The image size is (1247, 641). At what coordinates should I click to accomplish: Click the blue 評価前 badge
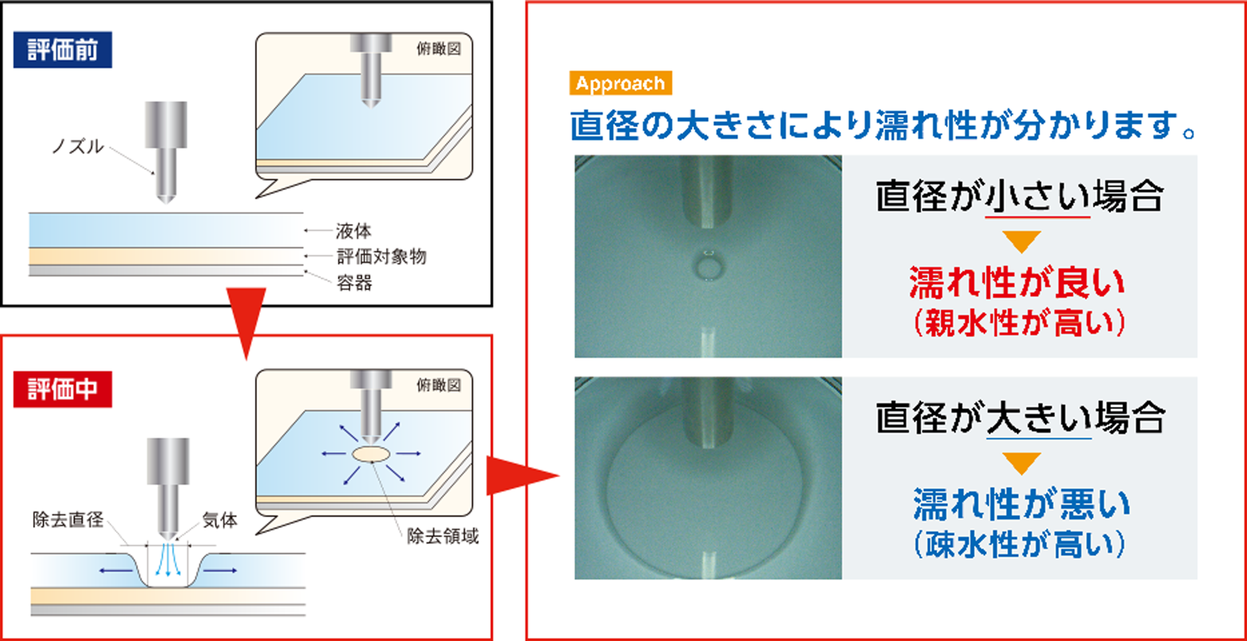(63, 50)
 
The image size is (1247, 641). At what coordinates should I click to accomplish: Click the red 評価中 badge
(63, 389)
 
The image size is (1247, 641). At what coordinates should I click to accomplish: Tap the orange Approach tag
(621, 83)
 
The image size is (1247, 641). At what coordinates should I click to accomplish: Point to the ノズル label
(78, 146)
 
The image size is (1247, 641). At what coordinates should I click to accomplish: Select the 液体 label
(354, 231)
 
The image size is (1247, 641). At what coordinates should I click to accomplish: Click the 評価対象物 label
(381, 256)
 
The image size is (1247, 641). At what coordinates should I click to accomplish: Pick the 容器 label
(354, 282)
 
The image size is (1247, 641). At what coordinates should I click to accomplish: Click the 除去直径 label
(68, 519)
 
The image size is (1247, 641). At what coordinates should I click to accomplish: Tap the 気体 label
(220, 519)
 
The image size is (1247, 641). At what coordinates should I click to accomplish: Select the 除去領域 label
(443, 536)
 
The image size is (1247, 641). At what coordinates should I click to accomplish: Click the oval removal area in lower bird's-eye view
(371, 455)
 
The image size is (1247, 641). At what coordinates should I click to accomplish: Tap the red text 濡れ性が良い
(1017, 283)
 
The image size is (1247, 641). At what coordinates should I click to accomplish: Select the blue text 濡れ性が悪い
(1021, 504)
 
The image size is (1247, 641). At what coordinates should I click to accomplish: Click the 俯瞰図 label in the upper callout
(438, 48)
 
